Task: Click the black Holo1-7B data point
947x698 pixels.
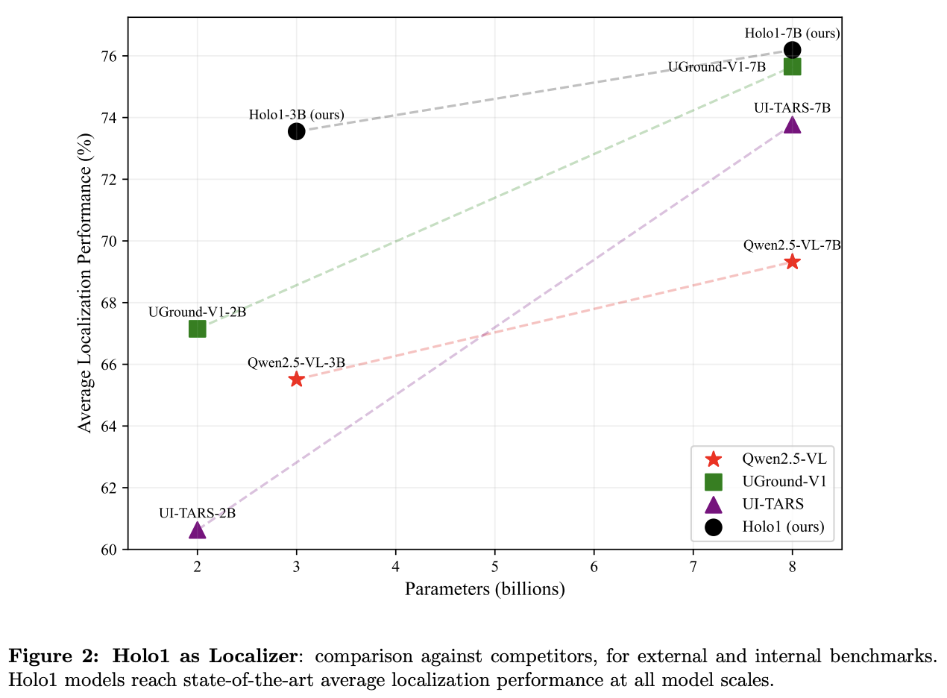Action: (x=792, y=50)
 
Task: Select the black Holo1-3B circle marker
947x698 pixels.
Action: (x=297, y=131)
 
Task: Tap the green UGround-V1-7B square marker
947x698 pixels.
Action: (x=792, y=67)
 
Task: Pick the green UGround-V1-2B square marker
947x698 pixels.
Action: (x=198, y=329)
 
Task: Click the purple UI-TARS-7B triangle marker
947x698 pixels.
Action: (x=792, y=125)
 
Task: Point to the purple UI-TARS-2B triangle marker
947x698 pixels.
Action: (x=198, y=530)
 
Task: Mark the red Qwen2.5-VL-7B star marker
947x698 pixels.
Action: (x=792, y=262)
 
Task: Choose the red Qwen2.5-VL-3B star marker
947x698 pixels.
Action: (x=297, y=379)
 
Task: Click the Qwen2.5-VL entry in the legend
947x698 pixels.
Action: (x=784, y=459)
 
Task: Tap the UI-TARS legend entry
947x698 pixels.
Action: (x=773, y=504)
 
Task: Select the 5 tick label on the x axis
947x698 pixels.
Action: (x=494, y=566)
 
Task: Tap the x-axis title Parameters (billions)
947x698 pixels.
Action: (x=485, y=589)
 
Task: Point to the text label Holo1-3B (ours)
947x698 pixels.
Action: (x=296, y=115)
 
